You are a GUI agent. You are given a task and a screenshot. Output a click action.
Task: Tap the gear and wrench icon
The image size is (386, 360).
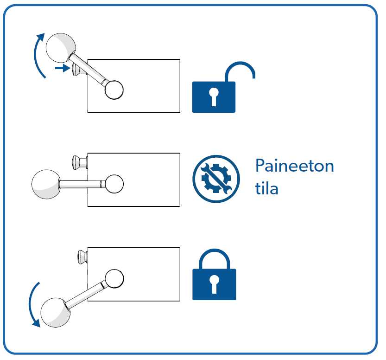pos(216,179)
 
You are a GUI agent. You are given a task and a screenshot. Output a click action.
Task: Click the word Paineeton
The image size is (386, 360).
pos(295,166)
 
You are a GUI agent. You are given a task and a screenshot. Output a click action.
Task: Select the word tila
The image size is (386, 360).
pos(266,188)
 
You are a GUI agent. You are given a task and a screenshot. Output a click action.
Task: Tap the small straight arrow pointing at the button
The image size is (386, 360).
pos(63,68)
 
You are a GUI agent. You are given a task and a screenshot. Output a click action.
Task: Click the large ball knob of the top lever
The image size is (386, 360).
pos(61,48)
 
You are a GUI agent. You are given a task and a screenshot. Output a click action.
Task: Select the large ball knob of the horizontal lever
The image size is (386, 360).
pos(46,184)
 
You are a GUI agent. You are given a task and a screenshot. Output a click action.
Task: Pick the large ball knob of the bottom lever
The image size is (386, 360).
pos(56,312)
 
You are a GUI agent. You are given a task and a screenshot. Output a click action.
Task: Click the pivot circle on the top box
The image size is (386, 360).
pos(114,90)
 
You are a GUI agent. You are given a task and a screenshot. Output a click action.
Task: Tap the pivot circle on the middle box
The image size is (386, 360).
pos(114,184)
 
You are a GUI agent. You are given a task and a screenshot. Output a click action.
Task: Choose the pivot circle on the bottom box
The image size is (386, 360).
pos(114,278)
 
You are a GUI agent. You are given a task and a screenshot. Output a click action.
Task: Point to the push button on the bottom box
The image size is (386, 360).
pos(82,257)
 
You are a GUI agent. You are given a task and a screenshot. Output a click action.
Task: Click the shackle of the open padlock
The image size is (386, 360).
pos(240,64)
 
